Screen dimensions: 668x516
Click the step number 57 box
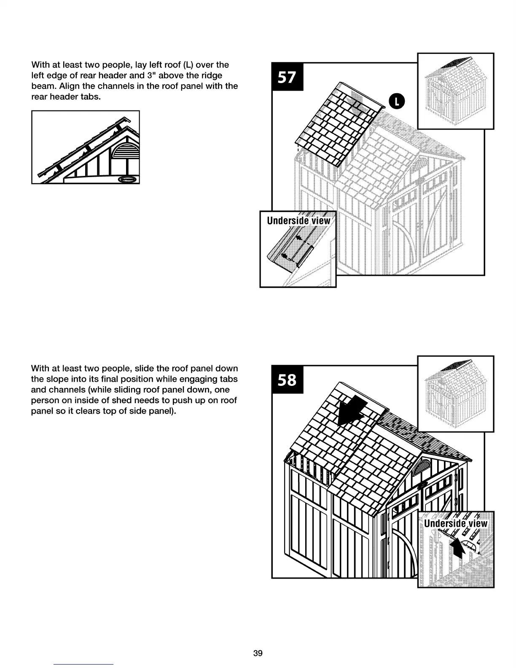[x=287, y=77]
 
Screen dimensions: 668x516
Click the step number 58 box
[x=287, y=379]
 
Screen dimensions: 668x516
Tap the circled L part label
[x=396, y=101]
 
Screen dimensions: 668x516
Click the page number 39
[x=258, y=653]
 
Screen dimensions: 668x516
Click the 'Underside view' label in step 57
[x=298, y=221]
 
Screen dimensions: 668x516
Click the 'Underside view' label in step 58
[x=455, y=523]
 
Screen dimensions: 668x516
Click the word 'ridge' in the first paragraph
[x=211, y=75]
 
